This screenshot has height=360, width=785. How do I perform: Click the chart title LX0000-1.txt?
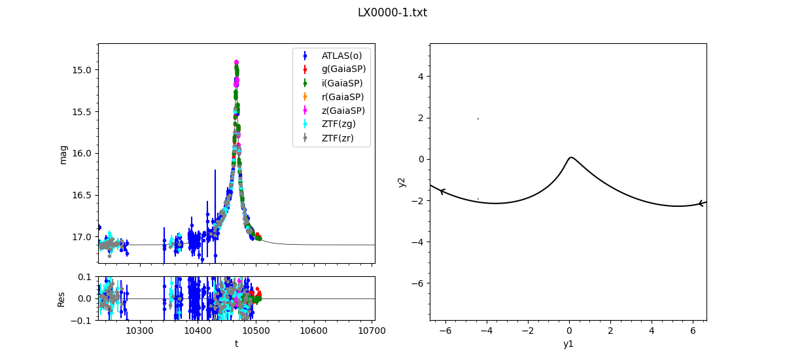392,12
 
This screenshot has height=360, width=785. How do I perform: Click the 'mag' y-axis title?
63,154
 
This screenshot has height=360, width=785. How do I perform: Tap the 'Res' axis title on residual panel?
61,298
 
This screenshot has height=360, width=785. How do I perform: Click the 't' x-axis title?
236,343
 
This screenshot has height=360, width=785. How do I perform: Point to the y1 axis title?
568,343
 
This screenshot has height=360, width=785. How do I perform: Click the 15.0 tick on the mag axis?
84,70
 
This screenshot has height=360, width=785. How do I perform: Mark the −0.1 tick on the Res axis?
82,321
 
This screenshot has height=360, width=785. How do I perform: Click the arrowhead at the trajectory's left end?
442,191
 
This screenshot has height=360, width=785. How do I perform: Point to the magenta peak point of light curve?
236,62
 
